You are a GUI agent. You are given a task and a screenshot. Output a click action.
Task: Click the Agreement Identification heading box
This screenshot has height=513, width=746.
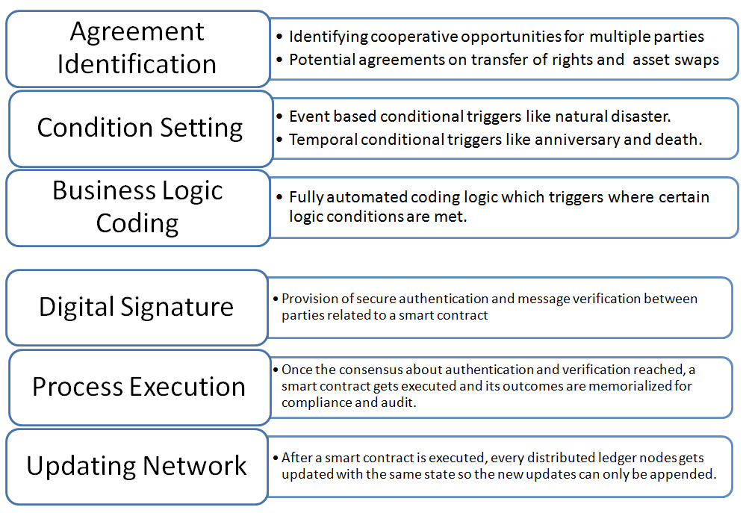coord(137,48)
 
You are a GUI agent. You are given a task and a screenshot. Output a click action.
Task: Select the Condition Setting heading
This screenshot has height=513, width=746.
coord(140,128)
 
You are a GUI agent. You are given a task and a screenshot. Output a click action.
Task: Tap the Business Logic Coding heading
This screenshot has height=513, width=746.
coord(137,207)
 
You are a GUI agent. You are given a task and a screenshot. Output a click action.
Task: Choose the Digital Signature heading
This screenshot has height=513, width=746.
coord(136,307)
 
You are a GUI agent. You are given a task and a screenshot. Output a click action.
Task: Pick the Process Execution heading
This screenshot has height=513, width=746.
coord(139,387)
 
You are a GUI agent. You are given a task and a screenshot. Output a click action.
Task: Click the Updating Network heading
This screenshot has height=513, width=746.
coord(137,466)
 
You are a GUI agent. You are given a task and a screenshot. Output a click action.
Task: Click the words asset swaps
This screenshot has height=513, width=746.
coord(676,60)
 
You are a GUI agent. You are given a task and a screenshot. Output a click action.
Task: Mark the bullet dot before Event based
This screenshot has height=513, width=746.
coord(279,116)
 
